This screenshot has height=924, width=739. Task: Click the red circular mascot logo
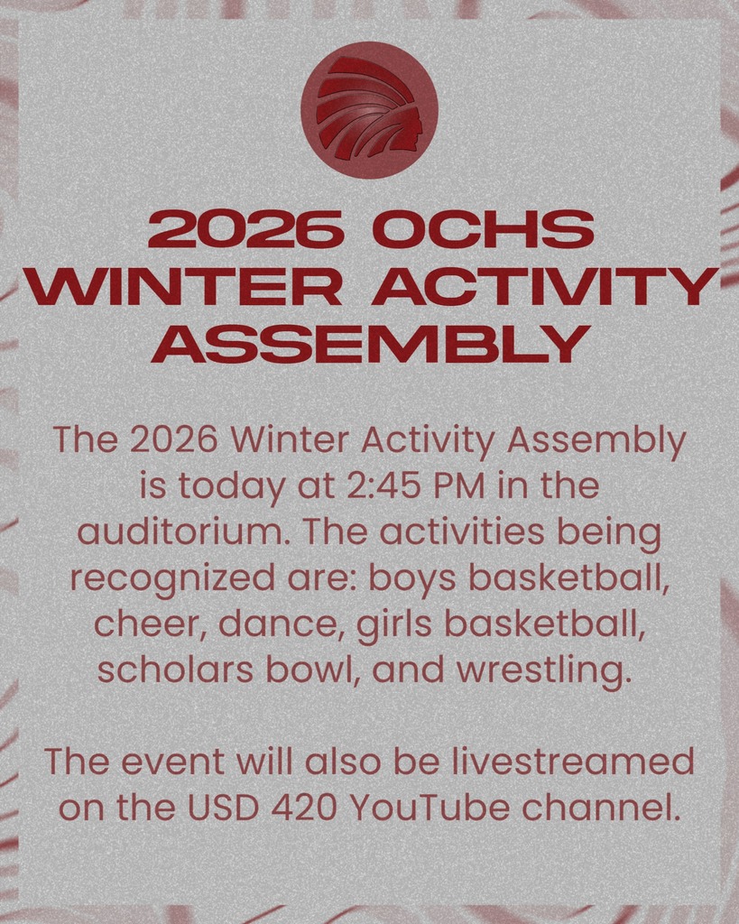(369, 109)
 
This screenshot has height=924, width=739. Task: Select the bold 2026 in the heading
(245, 230)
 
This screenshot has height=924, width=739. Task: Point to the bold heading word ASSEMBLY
(370, 344)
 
